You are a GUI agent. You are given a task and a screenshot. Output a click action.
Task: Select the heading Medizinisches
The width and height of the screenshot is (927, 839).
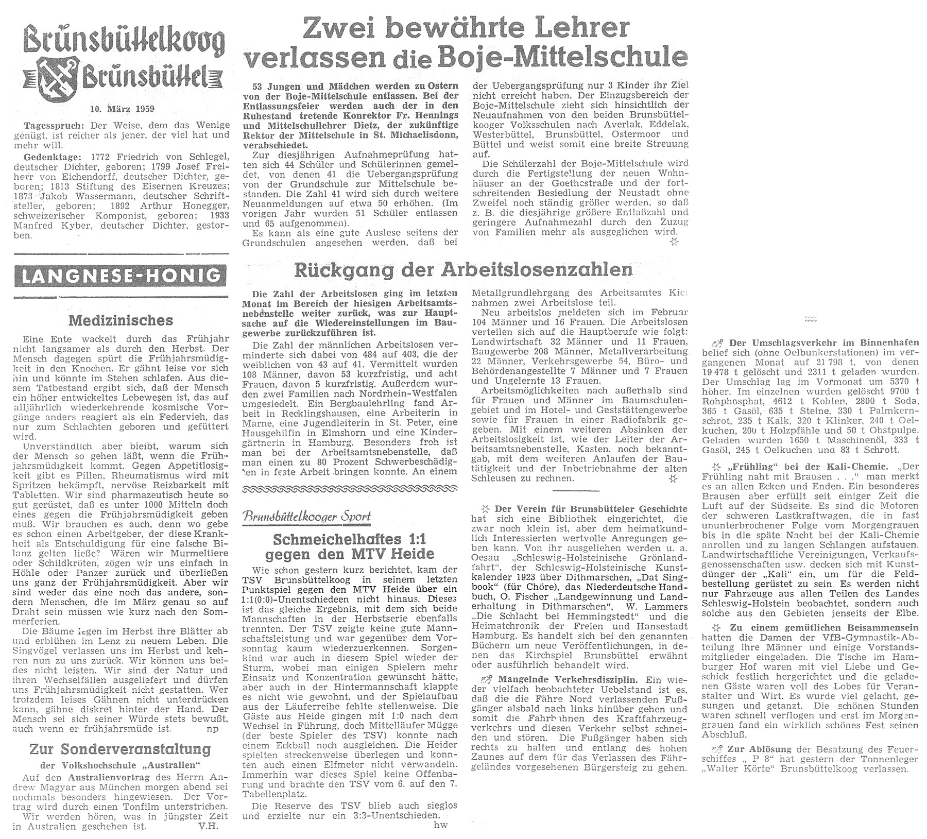[x=121, y=320]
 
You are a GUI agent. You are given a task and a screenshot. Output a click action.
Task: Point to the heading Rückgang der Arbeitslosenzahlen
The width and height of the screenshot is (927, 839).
[x=462, y=269]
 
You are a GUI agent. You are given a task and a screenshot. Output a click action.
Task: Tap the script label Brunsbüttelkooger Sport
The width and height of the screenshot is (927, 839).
[x=307, y=517]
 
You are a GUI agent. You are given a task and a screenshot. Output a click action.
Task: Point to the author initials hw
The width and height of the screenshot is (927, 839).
[x=441, y=825]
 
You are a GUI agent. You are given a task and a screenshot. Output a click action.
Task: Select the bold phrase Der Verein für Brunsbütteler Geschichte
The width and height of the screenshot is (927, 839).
[x=591, y=508]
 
